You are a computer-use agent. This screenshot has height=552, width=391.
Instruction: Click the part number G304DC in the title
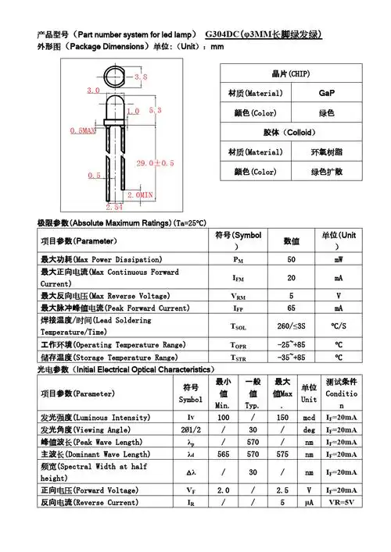point(222,35)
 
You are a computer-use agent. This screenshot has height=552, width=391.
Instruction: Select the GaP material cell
point(326,93)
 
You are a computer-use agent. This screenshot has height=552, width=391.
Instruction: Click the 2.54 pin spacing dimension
point(114,208)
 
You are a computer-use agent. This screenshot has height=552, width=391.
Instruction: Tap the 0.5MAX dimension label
point(83,130)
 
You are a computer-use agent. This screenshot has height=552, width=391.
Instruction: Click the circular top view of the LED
point(115,77)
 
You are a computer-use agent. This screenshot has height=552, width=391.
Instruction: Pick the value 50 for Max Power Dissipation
point(291,258)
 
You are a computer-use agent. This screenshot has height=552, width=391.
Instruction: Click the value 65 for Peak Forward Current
point(291,309)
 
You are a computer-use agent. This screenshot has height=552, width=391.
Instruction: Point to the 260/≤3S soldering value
point(291,326)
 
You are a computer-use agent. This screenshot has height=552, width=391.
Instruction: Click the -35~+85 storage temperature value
point(291,357)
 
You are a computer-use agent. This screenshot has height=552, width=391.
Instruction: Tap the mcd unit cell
point(309,418)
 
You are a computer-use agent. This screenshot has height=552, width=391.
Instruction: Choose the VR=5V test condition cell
point(343,502)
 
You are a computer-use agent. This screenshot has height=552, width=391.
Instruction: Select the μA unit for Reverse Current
point(309,502)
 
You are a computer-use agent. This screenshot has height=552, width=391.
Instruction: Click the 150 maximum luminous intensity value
point(282,418)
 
